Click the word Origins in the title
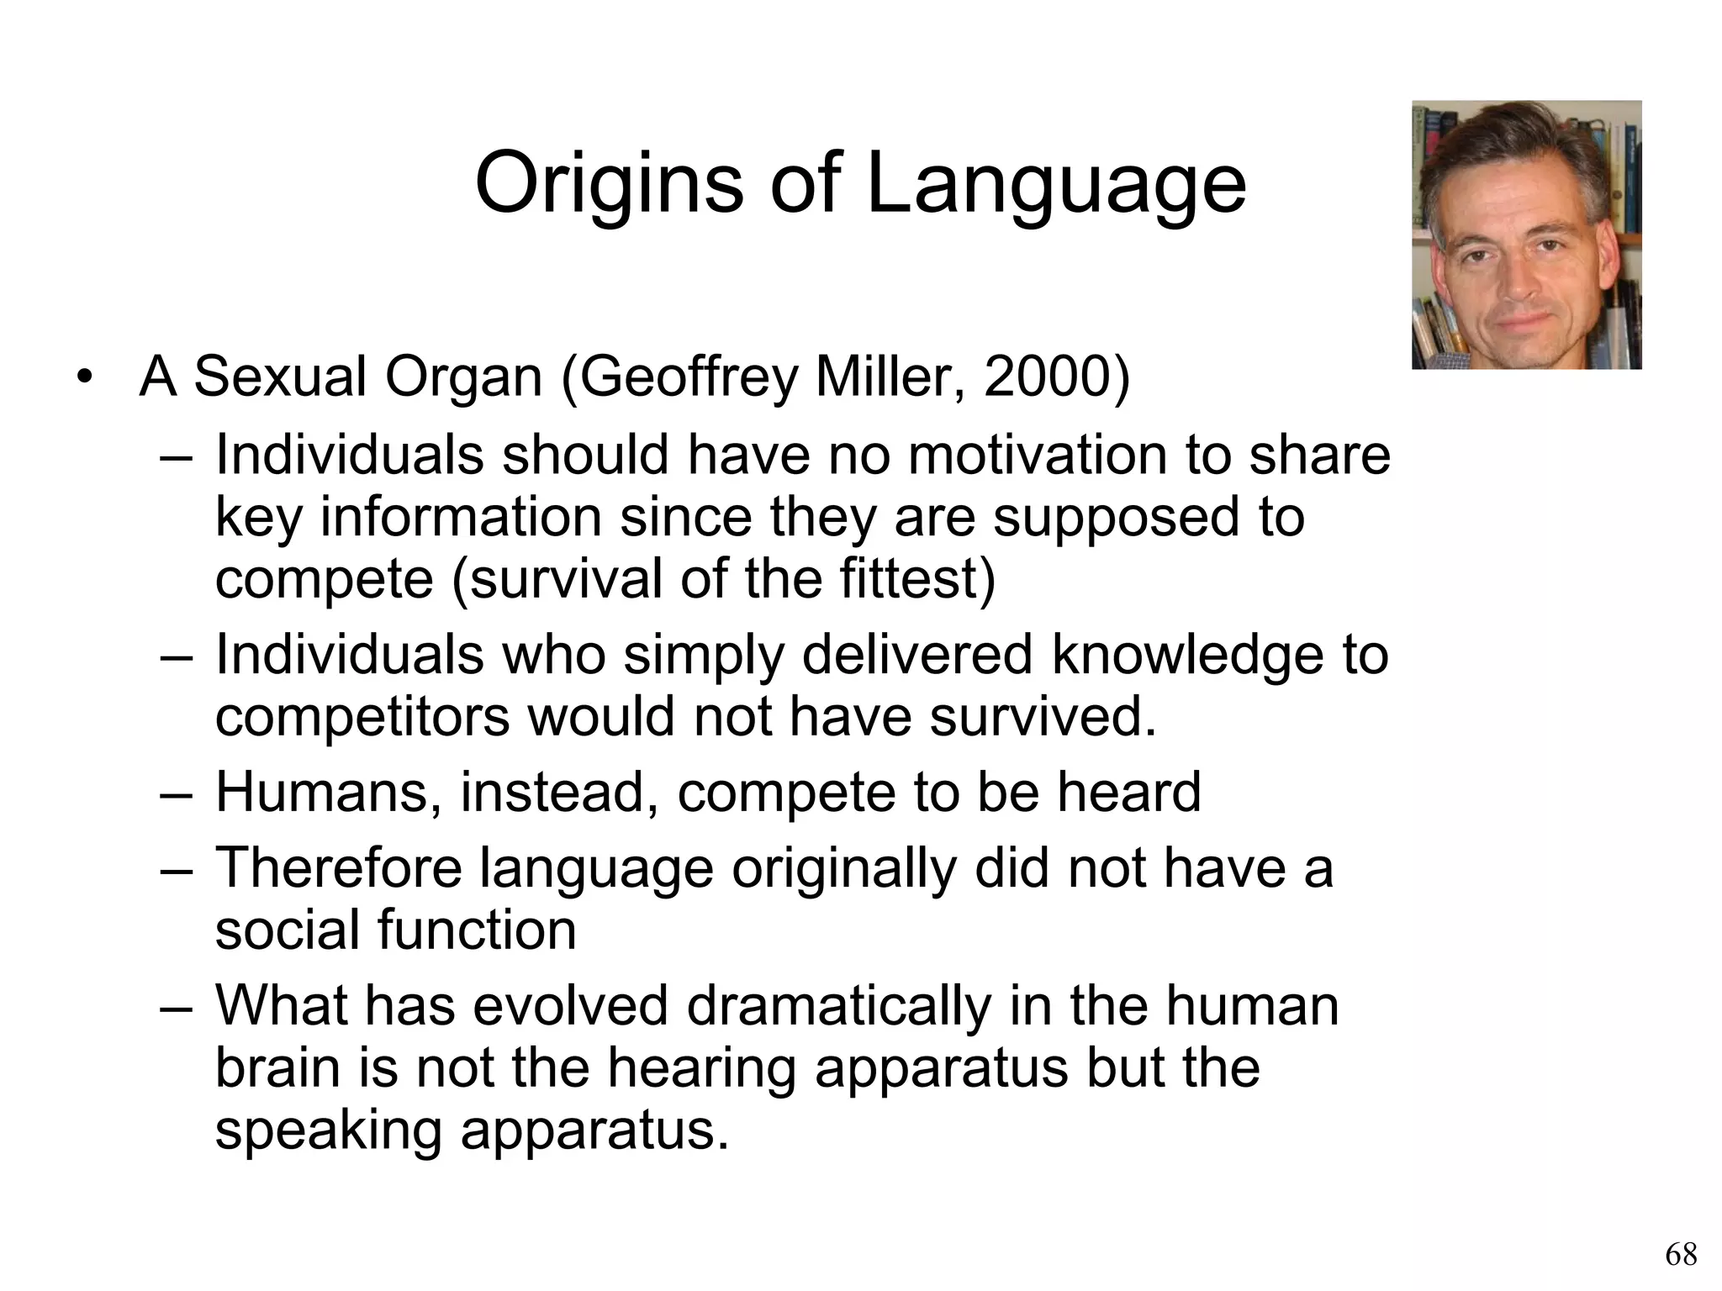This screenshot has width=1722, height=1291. pos(609,183)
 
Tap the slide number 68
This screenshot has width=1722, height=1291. pos(1681,1254)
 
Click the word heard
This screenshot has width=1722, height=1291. pos(1128,792)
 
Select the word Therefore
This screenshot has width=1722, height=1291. pos(339,867)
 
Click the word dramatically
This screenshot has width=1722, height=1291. pos(838,1005)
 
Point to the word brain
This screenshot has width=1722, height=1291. pos(277,1067)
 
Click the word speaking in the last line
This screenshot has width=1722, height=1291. pos(328,1131)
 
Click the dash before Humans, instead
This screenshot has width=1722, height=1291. pos(176,793)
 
